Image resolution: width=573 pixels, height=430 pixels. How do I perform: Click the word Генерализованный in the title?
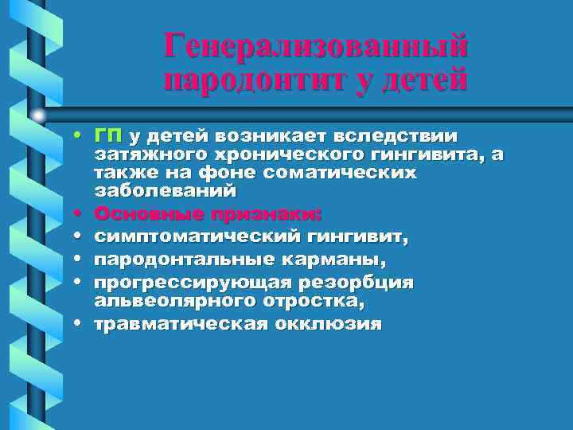click(x=316, y=46)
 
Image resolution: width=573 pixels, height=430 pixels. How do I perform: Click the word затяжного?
click(x=149, y=154)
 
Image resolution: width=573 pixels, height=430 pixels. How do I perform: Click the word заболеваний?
click(x=166, y=191)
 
